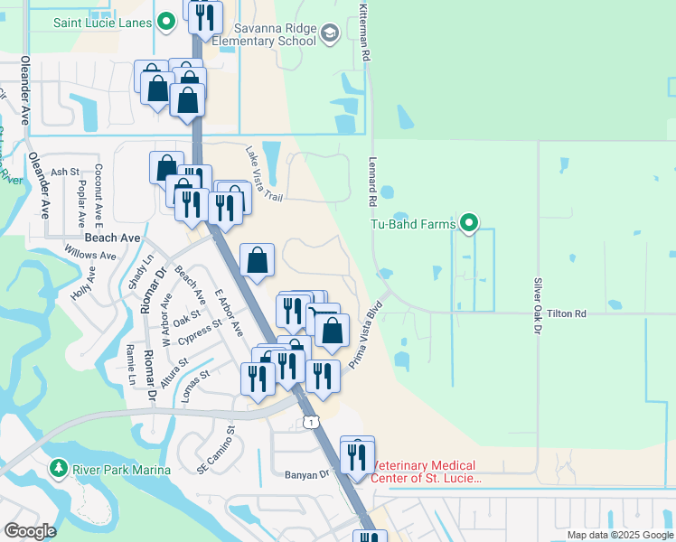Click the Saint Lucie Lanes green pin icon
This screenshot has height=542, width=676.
[x=166, y=21]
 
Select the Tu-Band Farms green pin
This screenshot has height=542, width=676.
[x=469, y=222]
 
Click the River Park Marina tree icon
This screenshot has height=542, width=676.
[x=58, y=468]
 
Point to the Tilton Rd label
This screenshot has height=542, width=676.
[x=567, y=313]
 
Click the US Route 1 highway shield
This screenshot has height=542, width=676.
[x=311, y=422]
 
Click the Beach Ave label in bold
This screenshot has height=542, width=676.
[x=112, y=238]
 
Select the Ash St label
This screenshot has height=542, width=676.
[x=65, y=172]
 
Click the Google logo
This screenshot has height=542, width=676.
[x=30, y=531]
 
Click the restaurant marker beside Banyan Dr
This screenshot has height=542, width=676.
[x=357, y=457]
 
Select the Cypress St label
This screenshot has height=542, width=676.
[x=200, y=333]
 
